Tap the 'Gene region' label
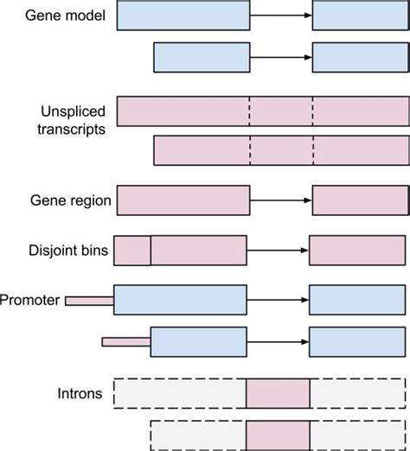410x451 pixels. [x=70, y=200]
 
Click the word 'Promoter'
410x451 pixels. [x=29, y=300]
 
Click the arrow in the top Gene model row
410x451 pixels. [x=281, y=16]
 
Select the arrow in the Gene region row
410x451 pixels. [x=281, y=200]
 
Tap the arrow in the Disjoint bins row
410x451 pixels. [x=278, y=250]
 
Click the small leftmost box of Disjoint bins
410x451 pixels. [x=132, y=250]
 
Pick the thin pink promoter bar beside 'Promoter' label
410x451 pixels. [x=89, y=300]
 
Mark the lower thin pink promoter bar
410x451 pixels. [x=126, y=342]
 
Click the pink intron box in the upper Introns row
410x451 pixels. [x=278, y=393]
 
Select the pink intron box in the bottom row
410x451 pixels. [x=278, y=435]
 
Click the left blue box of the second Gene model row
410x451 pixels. [x=202, y=57]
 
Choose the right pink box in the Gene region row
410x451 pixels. [x=360, y=200]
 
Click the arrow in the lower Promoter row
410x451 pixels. [x=279, y=342]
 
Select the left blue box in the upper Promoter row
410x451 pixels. [x=181, y=300]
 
